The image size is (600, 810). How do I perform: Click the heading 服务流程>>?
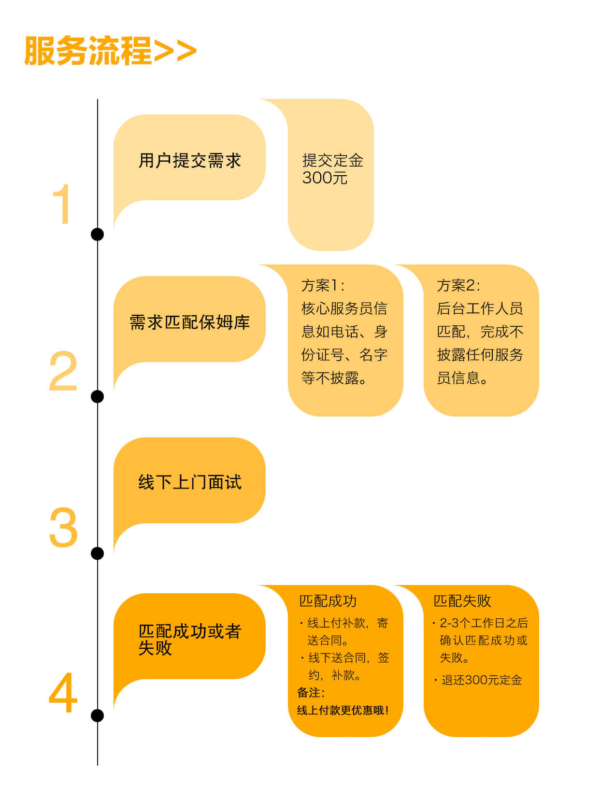coord(110,51)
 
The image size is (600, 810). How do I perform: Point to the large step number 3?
coord(63,527)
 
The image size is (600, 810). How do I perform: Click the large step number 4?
coord(63,693)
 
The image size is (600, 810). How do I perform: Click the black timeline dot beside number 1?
coord(97,234)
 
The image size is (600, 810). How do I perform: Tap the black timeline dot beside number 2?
coord(97,396)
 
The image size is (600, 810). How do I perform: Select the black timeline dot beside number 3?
coord(97,553)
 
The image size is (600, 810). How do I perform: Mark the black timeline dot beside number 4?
coord(97,716)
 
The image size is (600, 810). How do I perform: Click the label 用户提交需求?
coord(190,161)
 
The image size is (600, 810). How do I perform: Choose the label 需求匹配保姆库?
coord(190,322)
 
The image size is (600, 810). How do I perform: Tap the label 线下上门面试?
coord(190,482)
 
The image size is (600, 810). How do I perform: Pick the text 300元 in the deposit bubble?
coord(325,178)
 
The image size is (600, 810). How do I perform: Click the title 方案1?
coord(323,285)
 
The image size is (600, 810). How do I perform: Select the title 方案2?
coord(458,285)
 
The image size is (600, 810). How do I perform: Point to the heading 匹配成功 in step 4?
coord(328,601)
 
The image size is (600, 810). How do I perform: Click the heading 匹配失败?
coord(462,601)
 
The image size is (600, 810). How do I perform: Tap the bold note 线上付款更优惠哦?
coord(343,710)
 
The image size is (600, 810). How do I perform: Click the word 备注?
coord(311,693)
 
